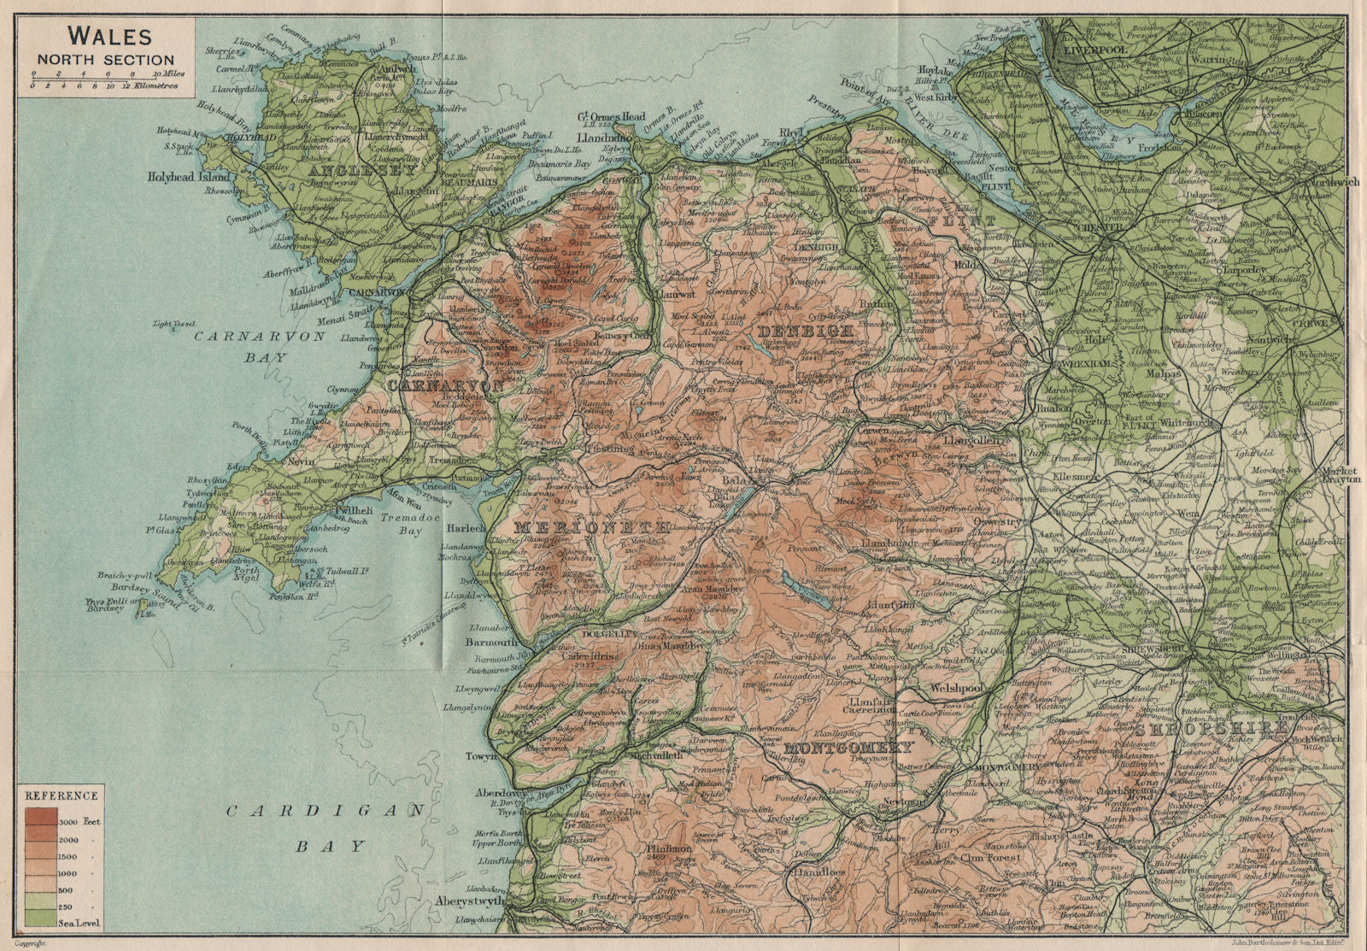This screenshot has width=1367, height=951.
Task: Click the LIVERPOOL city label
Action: (1094, 50)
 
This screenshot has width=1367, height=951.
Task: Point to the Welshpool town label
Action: (943, 687)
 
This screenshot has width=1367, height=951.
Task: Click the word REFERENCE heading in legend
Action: (61, 795)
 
